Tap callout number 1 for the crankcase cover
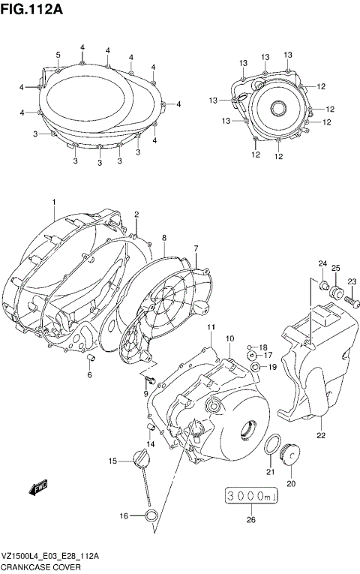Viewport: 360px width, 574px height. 54,203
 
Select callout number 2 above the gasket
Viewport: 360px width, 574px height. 136,215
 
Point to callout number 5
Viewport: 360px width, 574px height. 58,55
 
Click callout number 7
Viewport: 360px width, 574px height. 196,248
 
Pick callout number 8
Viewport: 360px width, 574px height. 163,238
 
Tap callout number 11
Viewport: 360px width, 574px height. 211,328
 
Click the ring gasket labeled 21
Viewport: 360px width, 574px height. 274,444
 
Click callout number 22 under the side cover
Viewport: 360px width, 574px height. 320,435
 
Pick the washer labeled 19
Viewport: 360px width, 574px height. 256,367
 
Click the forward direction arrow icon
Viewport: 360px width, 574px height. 37,489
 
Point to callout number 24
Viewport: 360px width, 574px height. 322,263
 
